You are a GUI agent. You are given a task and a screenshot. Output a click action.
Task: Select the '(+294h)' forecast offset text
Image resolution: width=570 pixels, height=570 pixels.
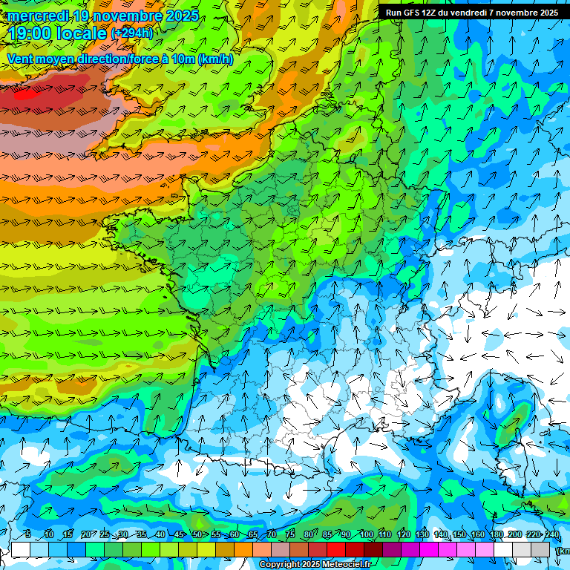click(132, 33)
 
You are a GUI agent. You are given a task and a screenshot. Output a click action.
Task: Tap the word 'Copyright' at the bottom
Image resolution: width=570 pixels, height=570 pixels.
click(280, 565)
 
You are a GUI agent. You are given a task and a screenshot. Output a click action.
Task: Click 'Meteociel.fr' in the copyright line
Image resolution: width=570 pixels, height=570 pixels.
click(346, 565)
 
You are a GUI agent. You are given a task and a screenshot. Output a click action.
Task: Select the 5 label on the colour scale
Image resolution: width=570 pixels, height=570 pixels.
click(27, 535)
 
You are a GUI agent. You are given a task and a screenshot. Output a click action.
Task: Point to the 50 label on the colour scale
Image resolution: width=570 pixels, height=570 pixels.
click(197, 535)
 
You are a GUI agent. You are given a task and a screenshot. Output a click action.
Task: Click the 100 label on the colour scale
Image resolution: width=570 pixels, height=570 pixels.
click(366, 535)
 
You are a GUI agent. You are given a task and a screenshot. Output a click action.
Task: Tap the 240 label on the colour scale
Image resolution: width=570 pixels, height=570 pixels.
click(552, 535)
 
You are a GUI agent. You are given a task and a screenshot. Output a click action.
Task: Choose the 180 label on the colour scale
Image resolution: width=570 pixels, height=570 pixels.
click(497, 535)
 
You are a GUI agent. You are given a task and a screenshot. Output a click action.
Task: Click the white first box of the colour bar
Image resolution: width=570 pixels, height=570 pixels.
click(21, 549)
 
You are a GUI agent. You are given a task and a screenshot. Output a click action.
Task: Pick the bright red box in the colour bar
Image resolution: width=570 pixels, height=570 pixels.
click(336, 549)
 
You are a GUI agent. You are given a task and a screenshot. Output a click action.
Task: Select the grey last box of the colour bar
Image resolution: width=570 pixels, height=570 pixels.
click(540, 549)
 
